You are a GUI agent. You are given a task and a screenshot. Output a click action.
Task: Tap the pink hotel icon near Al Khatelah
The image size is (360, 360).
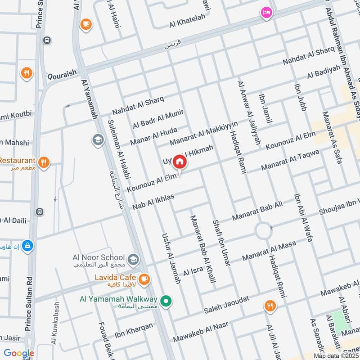(x=266, y=13)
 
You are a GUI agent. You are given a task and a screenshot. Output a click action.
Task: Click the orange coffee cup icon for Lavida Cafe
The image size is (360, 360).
(x=144, y=279)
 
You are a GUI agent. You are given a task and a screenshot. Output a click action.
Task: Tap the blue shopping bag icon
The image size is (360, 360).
(x=28, y=246)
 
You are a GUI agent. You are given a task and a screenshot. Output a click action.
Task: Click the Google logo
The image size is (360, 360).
(x=19, y=353)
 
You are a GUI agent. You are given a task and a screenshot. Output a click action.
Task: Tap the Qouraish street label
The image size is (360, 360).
(x=61, y=72)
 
